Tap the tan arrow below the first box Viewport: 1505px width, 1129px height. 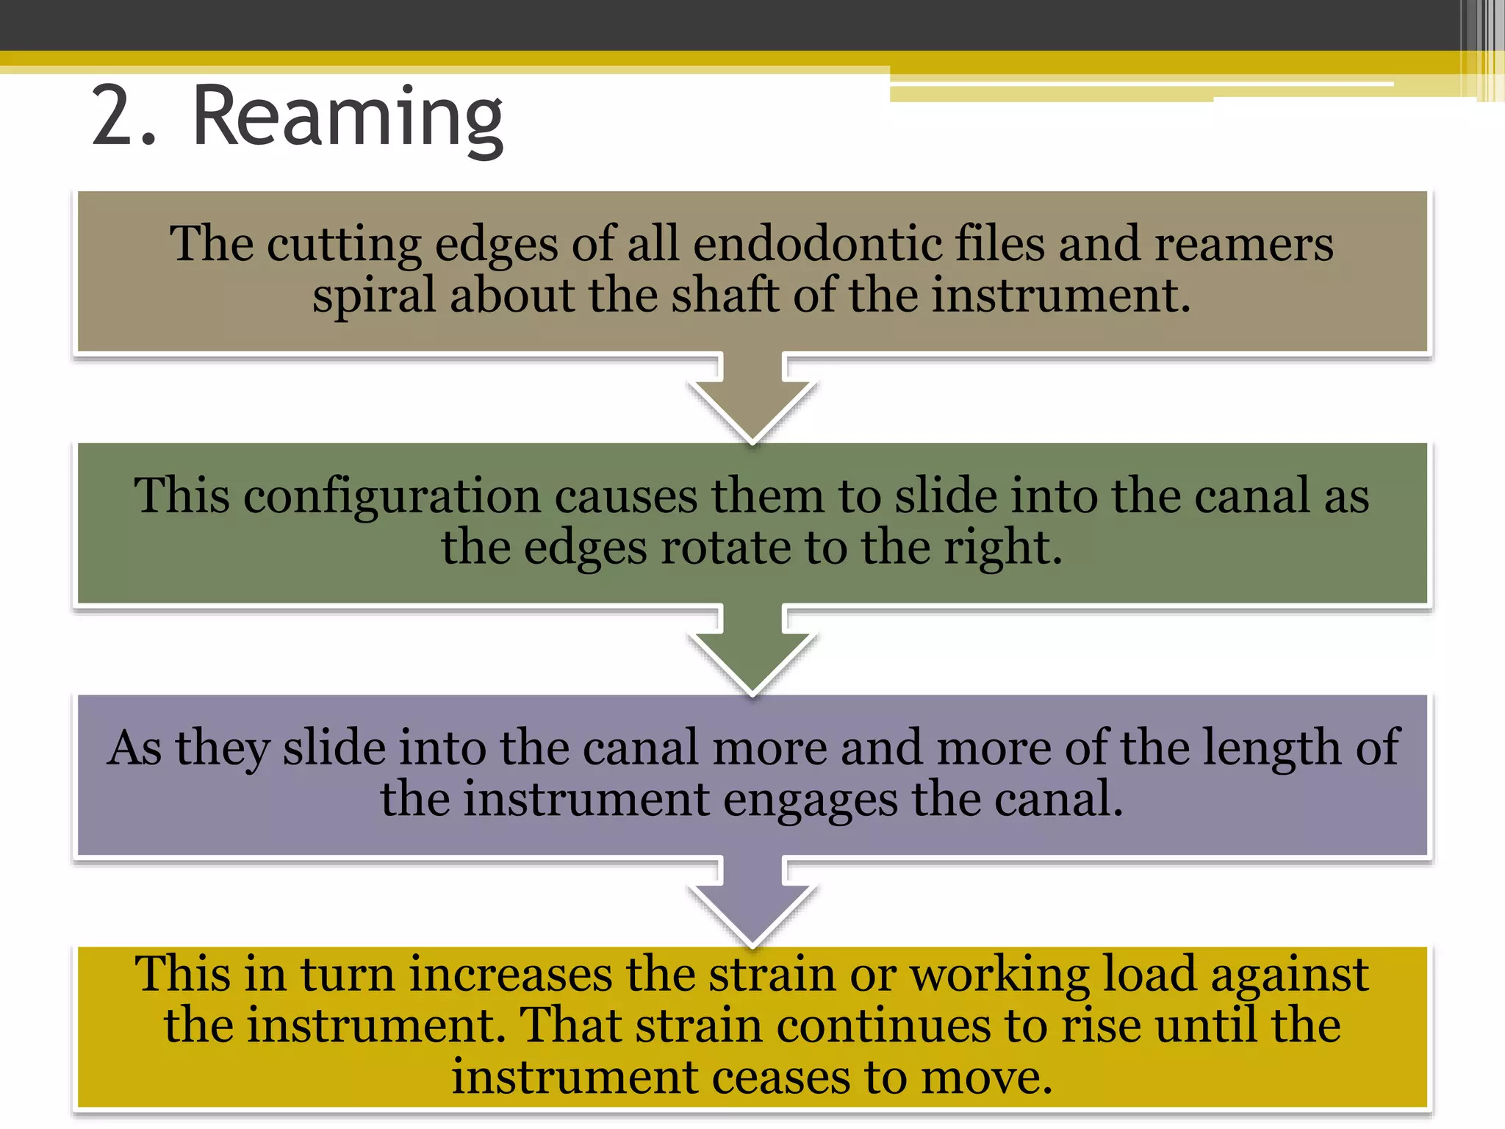[752, 401]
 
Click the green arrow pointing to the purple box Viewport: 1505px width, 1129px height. [752, 653]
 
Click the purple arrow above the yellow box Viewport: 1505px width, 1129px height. [752, 904]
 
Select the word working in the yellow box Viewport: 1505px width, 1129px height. [999, 976]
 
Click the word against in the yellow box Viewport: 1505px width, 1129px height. [1289, 976]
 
